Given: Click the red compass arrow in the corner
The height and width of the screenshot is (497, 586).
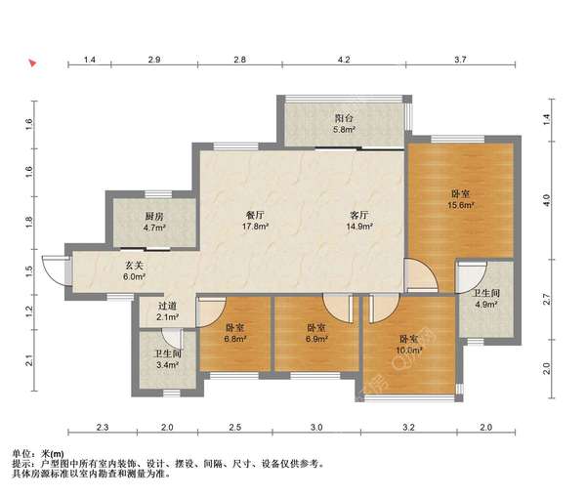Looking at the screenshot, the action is tap(33, 62).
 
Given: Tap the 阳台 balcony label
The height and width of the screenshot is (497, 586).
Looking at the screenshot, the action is tap(344, 118).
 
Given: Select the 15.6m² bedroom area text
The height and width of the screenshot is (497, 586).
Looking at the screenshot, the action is tap(461, 205).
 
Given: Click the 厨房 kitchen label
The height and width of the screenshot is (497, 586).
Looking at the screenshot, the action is tap(154, 217).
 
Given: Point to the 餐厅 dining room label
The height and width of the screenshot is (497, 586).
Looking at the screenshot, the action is tap(255, 215).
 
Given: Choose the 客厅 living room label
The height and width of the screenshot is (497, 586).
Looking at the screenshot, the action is tap(359, 215).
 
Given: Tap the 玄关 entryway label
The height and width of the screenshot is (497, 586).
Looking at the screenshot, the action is tap(134, 266).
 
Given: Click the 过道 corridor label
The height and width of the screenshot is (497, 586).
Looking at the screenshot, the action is tap(167, 306).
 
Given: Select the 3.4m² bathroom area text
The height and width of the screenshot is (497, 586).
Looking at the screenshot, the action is tap(167, 365).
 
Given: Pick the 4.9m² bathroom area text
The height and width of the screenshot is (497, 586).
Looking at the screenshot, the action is tap(485, 305).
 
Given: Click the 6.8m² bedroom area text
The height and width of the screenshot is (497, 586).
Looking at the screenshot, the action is tap(235, 339).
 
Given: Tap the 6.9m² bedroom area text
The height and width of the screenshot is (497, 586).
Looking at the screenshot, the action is tap(316, 339).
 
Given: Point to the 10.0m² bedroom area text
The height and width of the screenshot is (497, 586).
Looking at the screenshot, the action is tap(409, 351).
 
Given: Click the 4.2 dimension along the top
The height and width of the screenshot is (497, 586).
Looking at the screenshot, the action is tap(344, 60).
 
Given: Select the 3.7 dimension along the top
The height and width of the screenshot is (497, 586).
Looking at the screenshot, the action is tap(460, 60).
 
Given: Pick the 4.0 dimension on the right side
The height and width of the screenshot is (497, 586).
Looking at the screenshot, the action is tap(547, 201).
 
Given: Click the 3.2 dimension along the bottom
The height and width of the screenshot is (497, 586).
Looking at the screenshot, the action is tap(409, 427).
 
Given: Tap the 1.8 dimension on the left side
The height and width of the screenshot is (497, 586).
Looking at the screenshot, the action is tap(29, 220).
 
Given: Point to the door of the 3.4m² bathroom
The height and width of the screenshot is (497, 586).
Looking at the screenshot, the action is tap(172, 339).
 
